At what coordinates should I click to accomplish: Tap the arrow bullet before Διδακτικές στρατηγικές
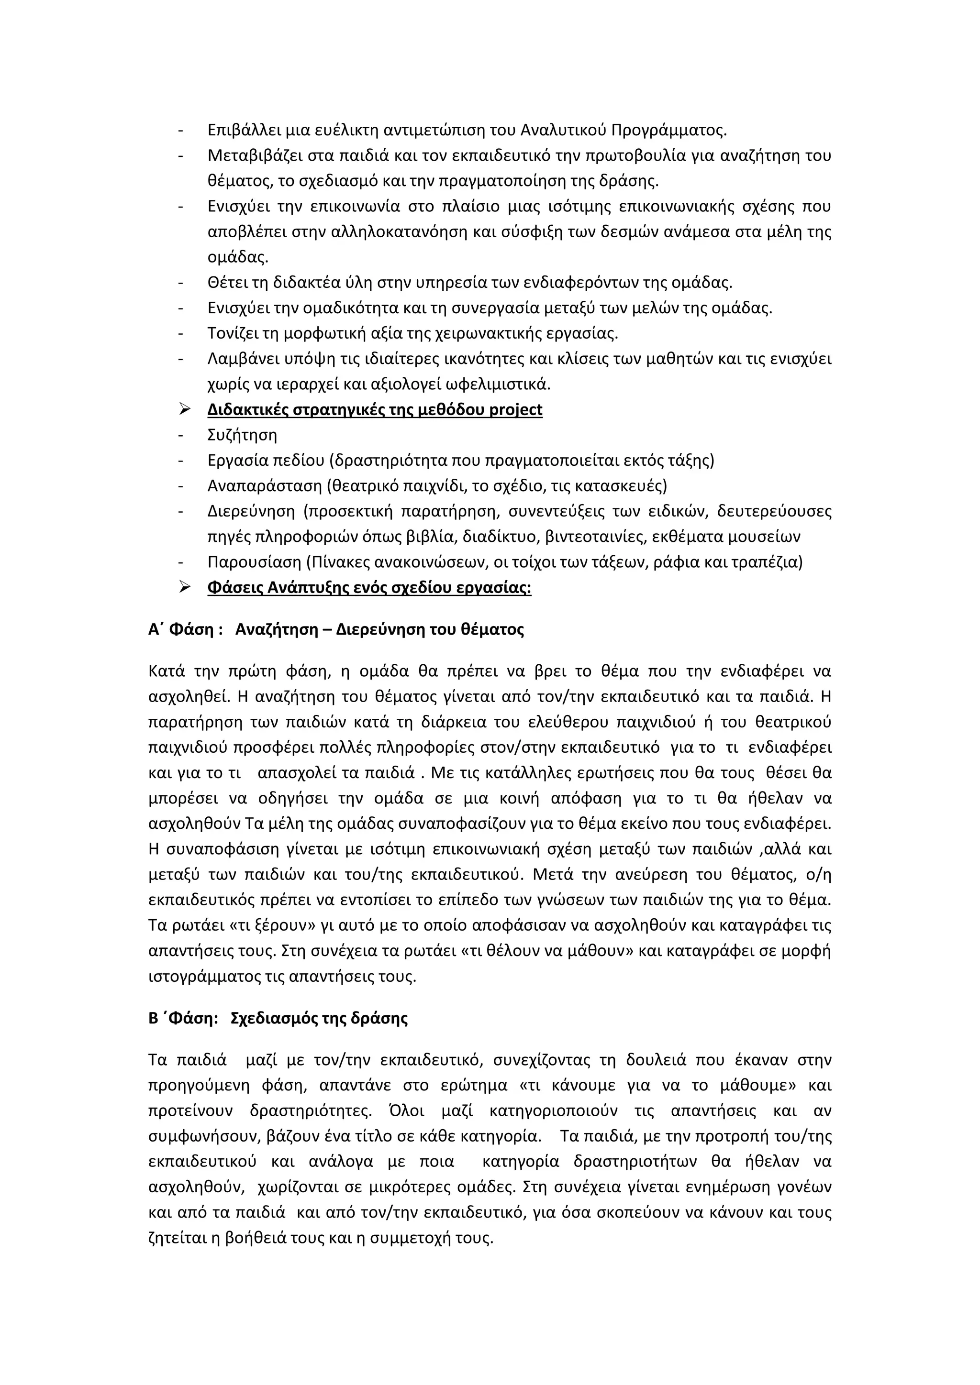(x=185, y=409)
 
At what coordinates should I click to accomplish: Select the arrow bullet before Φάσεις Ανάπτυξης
(x=185, y=587)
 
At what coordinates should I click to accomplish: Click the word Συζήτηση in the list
(x=242, y=435)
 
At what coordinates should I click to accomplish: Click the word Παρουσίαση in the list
(x=254, y=562)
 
